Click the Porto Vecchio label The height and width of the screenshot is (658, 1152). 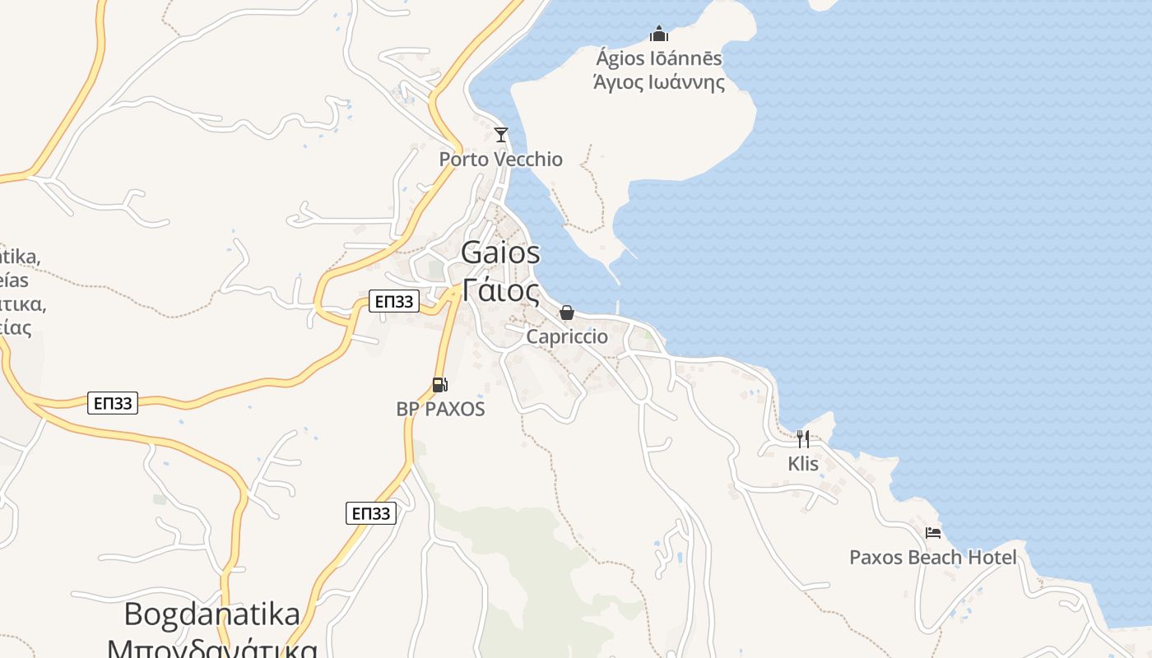point(500,160)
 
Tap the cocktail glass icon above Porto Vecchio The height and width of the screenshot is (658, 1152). point(500,134)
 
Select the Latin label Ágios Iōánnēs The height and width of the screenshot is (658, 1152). point(658,58)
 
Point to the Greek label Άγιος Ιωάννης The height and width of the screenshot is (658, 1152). point(658,82)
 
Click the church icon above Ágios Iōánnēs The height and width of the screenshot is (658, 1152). point(658,34)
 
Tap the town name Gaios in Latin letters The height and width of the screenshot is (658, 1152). point(500,253)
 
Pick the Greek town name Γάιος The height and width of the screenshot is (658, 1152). point(500,290)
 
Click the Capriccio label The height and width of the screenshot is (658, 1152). point(567,337)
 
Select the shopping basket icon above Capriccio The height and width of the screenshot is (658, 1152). point(566,313)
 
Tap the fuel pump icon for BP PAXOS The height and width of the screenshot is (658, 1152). point(440,384)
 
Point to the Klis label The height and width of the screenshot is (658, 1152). point(803,464)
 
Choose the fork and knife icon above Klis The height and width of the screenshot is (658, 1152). point(803,439)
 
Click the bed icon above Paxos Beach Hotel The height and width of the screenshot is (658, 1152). point(933,533)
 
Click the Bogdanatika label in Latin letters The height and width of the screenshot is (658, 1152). point(212,614)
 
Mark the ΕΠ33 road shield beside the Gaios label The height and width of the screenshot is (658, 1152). point(393,302)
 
